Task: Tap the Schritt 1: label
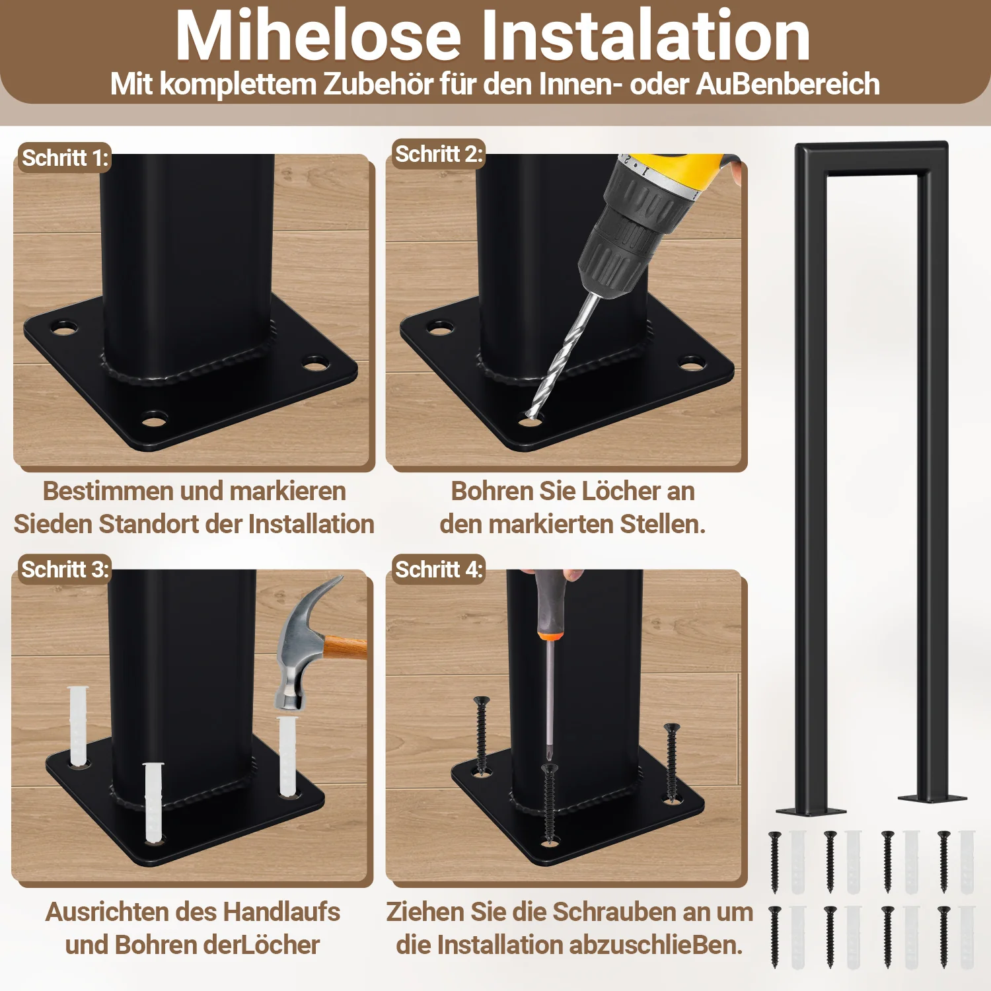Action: coord(65,158)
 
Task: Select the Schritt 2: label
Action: coord(439,154)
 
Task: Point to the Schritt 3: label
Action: coord(65,569)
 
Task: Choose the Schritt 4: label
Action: coord(439,569)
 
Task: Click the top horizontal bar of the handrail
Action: coord(872,159)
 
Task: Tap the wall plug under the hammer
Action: coord(288,756)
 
